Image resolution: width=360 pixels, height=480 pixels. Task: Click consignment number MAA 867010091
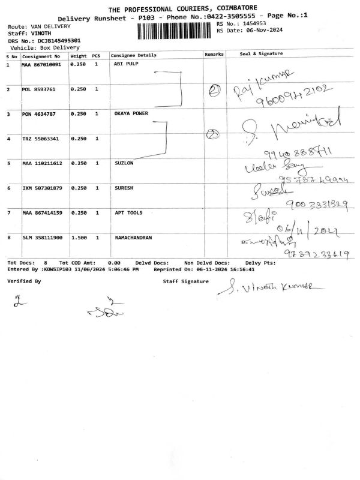click(41, 64)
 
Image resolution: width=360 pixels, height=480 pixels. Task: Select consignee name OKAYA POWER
click(131, 113)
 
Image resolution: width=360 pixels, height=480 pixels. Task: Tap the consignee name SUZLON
click(124, 163)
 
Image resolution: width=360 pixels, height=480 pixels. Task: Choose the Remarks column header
click(214, 55)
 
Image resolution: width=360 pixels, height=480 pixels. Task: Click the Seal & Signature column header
click(261, 54)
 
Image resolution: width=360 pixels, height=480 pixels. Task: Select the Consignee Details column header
click(134, 55)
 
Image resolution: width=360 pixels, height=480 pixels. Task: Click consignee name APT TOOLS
click(128, 213)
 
